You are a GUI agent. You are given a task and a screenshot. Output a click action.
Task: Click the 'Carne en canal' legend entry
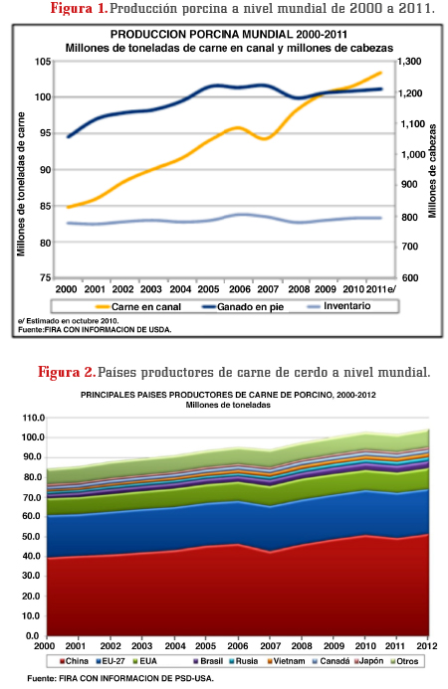[137, 306]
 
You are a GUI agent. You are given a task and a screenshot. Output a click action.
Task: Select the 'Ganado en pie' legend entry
[243, 306]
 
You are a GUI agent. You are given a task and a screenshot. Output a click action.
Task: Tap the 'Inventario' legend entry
[338, 306]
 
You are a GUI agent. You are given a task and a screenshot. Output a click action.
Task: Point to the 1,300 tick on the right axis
[410, 62]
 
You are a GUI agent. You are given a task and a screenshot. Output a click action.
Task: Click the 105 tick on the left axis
[43, 62]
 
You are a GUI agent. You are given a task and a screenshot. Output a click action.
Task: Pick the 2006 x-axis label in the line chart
[240, 289]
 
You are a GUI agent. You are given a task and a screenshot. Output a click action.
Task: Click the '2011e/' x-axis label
[381, 289]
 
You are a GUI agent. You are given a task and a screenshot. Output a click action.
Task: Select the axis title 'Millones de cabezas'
[433, 171]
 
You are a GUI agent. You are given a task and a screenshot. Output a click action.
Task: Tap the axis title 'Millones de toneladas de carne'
[21, 184]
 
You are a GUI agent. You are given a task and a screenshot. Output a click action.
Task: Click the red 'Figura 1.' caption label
[79, 8]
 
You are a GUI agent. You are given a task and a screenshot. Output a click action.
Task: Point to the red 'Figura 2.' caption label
[67, 372]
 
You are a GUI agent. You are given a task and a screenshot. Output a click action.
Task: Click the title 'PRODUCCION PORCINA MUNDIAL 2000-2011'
[229, 34]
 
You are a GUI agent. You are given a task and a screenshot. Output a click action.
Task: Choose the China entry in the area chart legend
[74, 661]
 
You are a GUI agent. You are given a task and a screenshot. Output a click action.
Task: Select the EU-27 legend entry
[111, 661]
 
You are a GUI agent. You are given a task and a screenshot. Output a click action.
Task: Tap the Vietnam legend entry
[286, 661]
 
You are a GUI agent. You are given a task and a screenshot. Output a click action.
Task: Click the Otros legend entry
[404, 661]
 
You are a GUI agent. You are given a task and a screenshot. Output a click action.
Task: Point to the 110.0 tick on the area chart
[34, 418]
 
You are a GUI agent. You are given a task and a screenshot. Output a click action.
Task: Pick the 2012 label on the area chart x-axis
[427, 646]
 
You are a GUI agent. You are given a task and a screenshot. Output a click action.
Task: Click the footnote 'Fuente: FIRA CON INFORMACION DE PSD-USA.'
[120, 678]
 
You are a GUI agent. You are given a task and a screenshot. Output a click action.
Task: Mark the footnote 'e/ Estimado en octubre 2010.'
[69, 321]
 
